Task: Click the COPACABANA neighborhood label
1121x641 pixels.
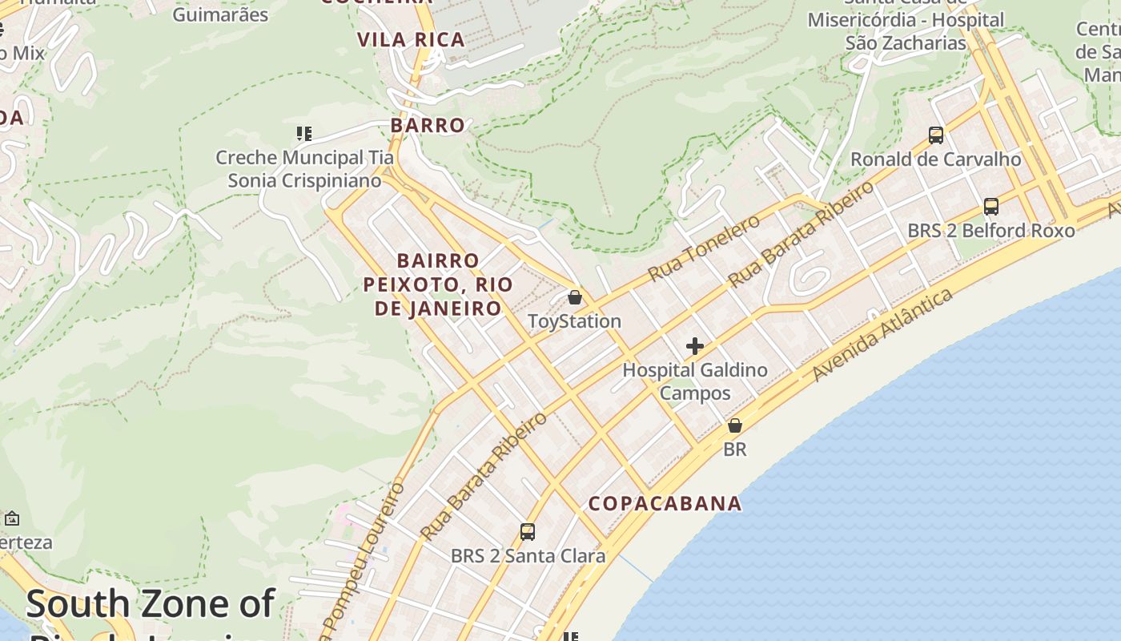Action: point(665,503)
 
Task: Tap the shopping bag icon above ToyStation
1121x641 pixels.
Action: point(574,297)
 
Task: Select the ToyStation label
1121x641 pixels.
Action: point(574,321)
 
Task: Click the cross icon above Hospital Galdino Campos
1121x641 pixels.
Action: point(695,346)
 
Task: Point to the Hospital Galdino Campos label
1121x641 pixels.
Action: point(695,381)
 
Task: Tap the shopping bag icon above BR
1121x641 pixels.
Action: point(734,425)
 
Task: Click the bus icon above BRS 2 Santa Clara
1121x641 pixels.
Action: point(527,531)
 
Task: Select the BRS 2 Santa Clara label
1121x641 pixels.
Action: point(528,555)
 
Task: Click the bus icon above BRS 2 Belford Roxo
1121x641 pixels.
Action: point(990,207)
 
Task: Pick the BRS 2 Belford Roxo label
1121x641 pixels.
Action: point(990,231)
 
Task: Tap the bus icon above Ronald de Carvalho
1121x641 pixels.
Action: point(935,135)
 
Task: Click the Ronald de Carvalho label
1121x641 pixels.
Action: point(935,159)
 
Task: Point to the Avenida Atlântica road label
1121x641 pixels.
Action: point(882,335)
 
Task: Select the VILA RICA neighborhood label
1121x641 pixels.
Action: point(411,40)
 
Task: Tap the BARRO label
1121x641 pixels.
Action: point(428,125)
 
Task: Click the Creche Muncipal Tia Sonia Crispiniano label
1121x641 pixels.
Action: point(305,169)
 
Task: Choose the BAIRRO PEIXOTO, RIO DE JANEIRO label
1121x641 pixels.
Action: point(438,284)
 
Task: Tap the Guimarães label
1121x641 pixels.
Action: point(220,14)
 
